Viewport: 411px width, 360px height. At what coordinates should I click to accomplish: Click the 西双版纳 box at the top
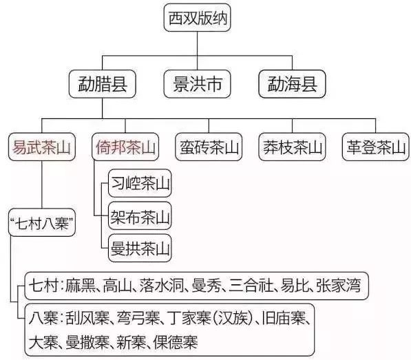click(197, 18)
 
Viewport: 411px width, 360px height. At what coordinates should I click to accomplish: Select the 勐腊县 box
click(102, 84)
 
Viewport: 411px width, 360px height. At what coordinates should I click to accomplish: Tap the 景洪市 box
click(197, 84)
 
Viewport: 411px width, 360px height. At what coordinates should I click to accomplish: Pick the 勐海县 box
click(292, 84)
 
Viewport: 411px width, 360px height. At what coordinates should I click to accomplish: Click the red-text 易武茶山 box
click(42, 147)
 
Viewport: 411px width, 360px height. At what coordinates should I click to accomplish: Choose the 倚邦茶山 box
click(125, 147)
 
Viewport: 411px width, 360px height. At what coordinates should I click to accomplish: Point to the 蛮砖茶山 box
click(209, 147)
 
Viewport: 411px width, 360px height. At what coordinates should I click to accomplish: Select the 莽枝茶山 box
click(292, 147)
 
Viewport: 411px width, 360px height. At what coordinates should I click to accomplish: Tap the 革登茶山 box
click(376, 147)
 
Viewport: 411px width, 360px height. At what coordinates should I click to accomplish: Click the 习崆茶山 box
click(140, 183)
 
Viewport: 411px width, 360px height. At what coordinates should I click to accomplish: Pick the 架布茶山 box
click(140, 215)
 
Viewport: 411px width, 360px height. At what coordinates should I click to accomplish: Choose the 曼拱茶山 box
click(140, 248)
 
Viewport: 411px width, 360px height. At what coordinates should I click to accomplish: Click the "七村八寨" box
click(42, 222)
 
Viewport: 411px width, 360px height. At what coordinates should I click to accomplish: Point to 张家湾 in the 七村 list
click(339, 286)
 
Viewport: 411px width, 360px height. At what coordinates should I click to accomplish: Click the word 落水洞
click(161, 286)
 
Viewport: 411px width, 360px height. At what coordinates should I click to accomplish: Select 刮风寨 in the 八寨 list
click(87, 318)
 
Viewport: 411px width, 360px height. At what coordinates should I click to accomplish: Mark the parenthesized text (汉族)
click(233, 318)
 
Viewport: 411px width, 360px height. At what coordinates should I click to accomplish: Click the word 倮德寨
click(176, 342)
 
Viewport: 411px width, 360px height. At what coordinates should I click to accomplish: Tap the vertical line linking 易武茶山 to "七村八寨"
click(42, 184)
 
